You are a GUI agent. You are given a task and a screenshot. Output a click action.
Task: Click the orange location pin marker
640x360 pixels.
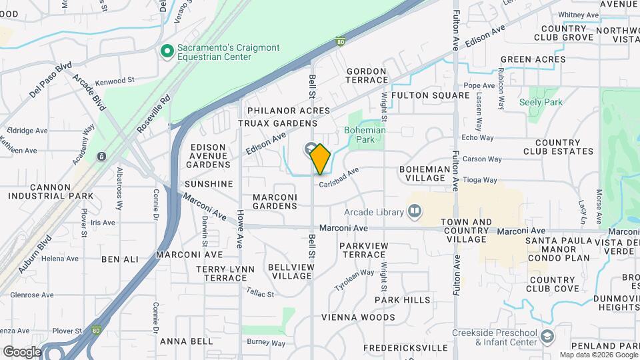320,159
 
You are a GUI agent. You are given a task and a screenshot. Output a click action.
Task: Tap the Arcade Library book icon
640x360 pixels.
415,212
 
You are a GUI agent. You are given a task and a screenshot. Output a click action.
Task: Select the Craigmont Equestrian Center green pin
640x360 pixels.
167,51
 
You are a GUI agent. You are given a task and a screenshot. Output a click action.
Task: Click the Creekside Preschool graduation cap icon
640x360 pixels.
547,335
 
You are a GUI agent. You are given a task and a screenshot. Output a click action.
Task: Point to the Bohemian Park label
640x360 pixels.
365,135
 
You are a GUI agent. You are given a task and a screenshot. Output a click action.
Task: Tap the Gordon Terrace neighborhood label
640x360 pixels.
367,75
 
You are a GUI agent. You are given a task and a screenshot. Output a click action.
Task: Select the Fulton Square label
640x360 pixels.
431,95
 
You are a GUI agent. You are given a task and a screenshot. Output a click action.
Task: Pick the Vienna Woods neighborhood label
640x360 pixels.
358,317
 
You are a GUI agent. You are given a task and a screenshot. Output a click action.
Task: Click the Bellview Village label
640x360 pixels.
290,271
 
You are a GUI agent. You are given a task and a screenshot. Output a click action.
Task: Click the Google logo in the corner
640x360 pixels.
21,351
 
